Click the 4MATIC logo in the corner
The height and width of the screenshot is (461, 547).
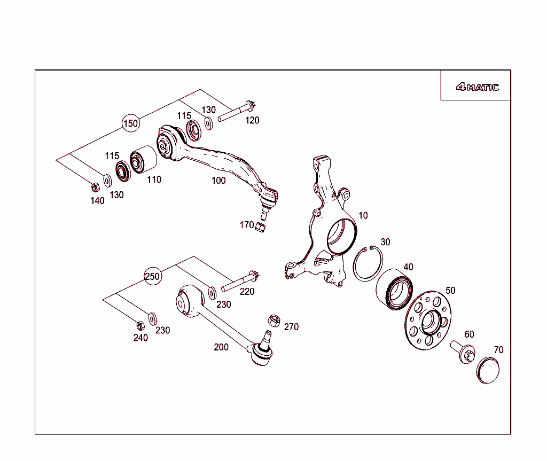click(x=477, y=87)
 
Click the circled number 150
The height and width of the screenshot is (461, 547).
click(x=130, y=123)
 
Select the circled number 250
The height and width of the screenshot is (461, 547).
click(x=153, y=276)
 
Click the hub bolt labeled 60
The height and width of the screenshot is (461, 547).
click(x=463, y=352)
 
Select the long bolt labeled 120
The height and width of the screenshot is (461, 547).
click(x=237, y=110)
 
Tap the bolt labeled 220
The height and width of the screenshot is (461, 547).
click(x=240, y=282)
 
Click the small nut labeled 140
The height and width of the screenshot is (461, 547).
click(x=95, y=187)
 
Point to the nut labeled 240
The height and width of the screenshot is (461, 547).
click(x=140, y=325)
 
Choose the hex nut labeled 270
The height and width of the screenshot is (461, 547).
click(x=273, y=321)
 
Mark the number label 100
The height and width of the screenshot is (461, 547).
click(x=218, y=181)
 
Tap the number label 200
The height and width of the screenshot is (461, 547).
click(x=221, y=347)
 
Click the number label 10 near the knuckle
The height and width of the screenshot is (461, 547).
click(x=363, y=215)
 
